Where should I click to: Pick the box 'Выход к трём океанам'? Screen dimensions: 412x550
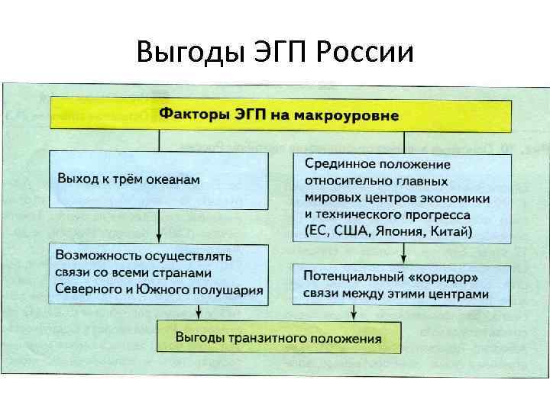point(159,179)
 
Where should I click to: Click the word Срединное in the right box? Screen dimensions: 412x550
point(340,164)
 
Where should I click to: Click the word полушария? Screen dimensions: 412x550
point(228,289)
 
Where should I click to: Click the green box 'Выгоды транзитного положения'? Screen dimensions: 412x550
point(278,336)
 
